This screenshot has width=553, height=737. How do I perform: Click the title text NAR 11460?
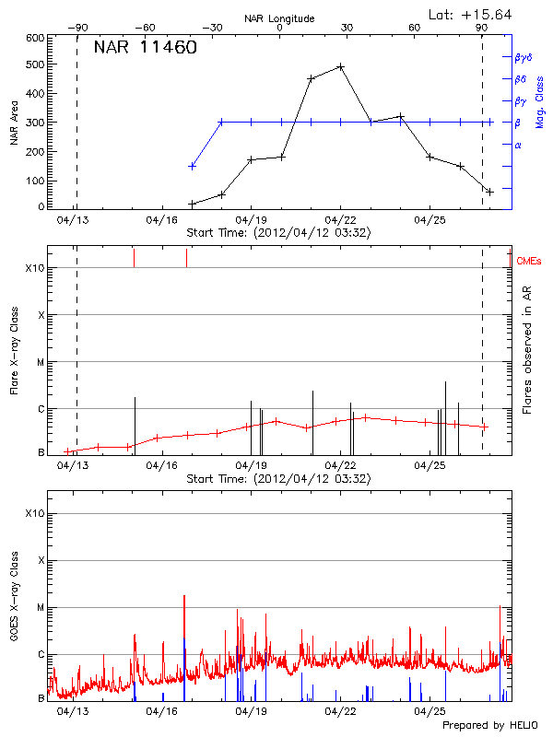coord(146,48)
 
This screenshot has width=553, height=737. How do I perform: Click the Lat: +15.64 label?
coord(471,14)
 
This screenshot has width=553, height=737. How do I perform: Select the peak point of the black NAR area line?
coord(341,66)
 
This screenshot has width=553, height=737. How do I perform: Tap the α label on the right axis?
coord(518,145)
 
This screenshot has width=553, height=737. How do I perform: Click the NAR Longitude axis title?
coord(279,18)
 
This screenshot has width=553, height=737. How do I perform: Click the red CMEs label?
coord(530,262)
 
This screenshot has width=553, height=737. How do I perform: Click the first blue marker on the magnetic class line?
coord(192,166)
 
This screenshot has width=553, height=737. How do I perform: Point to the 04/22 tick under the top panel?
coord(340,220)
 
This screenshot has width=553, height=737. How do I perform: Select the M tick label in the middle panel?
coord(40,362)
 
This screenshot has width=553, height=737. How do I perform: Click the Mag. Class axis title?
coord(540,101)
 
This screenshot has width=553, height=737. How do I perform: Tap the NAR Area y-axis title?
coord(14,122)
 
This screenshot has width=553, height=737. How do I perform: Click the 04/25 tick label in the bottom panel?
coord(429,711)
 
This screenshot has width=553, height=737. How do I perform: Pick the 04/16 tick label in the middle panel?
coord(161,465)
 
